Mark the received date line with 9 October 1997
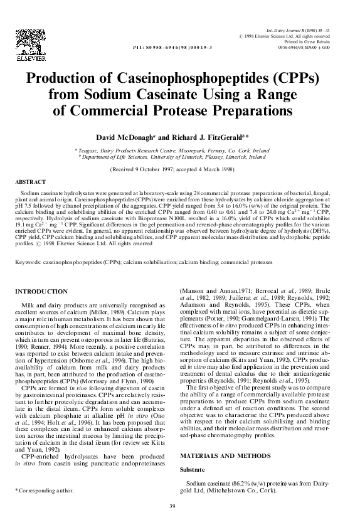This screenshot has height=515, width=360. (x=179, y=170)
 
